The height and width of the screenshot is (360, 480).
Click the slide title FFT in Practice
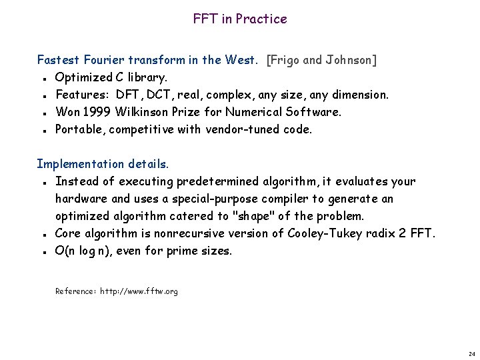point(240,19)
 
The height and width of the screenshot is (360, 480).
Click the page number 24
point(471,353)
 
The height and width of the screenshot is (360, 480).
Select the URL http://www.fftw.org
point(139,291)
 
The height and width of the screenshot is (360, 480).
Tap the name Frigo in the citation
point(286,60)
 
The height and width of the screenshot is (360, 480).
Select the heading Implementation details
point(103,164)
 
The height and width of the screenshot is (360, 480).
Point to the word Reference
point(75,291)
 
